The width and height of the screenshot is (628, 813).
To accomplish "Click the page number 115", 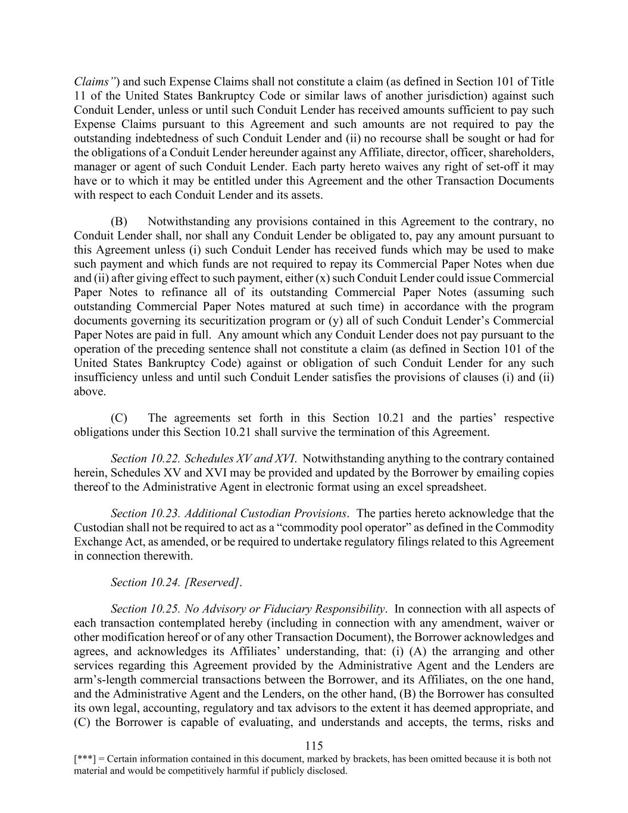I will (x=314, y=746).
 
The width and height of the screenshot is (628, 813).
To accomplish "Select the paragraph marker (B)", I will (x=119, y=222).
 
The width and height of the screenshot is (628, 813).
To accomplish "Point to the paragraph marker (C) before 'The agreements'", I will (x=119, y=418).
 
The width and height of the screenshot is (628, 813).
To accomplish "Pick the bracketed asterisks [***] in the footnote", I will (x=83, y=759).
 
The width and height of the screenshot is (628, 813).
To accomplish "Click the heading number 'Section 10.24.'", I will (x=145, y=583).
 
